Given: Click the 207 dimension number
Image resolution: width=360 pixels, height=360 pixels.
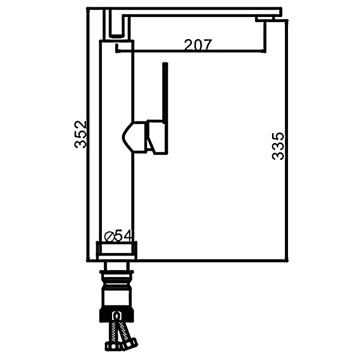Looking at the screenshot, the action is tap(198, 45).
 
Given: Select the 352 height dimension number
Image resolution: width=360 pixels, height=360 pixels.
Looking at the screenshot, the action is tap(80, 134).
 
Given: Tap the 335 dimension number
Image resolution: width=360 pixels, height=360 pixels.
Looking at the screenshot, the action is tap(278, 146).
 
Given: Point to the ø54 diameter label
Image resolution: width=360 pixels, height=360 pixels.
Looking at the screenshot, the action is tap(118, 235).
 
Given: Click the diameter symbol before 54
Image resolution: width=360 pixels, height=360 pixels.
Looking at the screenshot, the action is tap(109, 237).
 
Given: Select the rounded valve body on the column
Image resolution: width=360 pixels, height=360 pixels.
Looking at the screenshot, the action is tap(134, 137).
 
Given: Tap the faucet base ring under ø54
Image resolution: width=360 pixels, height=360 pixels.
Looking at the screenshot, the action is tap(116, 250).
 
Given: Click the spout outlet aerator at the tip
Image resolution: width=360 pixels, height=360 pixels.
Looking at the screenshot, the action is tap(265, 19).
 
